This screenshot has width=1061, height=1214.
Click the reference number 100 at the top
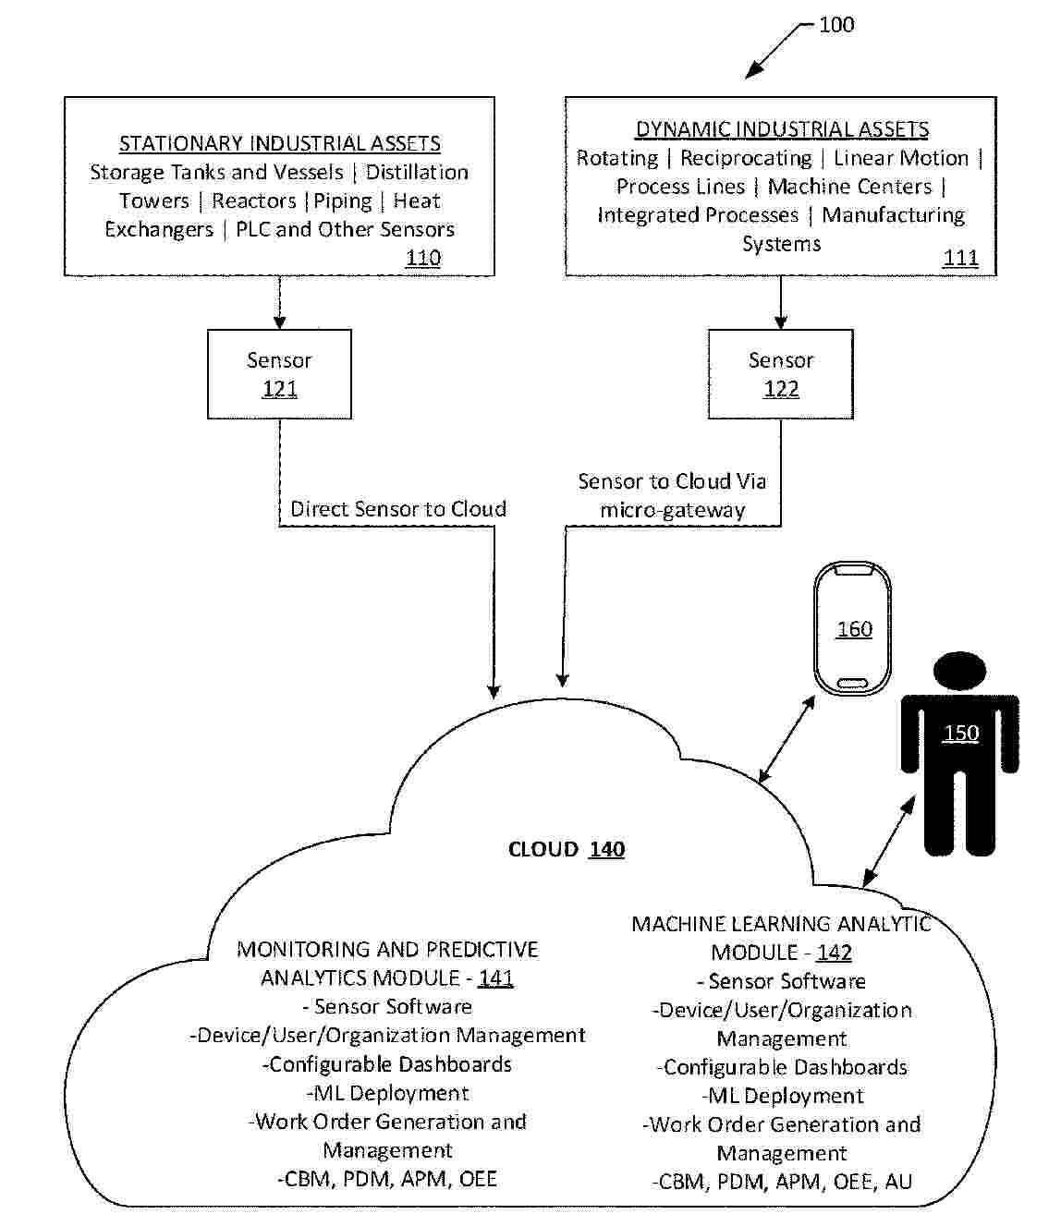point(836,25)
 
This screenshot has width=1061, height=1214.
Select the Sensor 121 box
point(279,374)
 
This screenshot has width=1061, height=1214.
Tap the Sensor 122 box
point(781,374)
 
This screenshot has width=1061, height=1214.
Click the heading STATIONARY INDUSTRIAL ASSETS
point(280,144)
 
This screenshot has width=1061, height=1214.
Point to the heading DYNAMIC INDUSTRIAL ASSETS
point(782,129)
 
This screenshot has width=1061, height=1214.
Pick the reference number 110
point(423,258)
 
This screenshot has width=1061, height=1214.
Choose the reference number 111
point(960,258)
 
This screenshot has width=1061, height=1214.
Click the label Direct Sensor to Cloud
point(398,509)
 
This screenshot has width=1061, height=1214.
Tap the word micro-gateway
point(672,510)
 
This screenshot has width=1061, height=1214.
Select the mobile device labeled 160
point(854,629)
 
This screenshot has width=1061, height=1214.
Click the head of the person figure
point(959,670)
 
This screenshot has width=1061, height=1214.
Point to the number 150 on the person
point(960,734)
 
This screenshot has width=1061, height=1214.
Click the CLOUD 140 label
point(567,849)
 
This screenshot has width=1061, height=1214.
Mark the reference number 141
point(496,978)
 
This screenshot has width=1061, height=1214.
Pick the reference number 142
point(834,953)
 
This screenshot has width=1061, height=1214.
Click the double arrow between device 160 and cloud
point(787,740)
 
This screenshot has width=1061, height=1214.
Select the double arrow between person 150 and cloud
point(888,842)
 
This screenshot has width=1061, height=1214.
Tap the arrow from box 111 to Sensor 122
point(781,302)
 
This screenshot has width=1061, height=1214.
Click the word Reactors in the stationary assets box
point(254,201)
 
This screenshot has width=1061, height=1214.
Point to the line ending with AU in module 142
point(782,1182)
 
